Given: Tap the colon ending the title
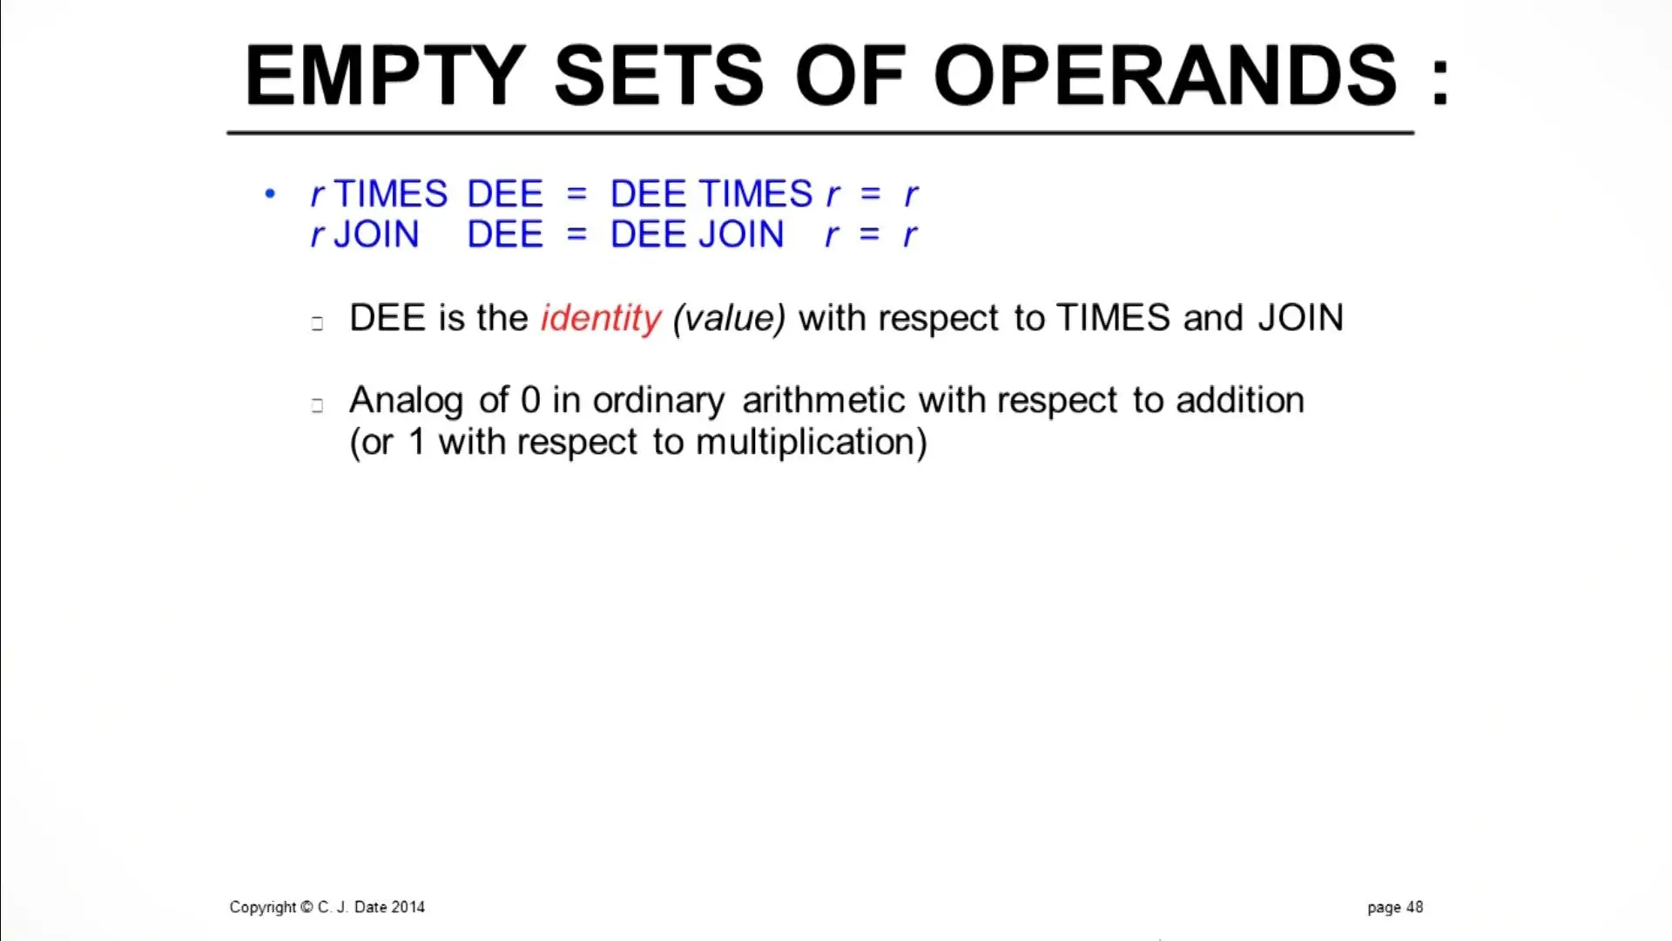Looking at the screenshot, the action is (x=1439, y=82).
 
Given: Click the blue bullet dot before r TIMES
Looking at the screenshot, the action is (x=270, y=193).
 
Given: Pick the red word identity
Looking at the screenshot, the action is (x=601, y=319).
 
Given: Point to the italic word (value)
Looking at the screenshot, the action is (x=730, y=318).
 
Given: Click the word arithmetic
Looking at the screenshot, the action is (x=824, y=401).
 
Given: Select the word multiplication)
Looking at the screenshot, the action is (x=812, y=443).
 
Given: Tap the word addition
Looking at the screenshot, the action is (x=1240, y=401).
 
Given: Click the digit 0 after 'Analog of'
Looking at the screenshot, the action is (x=530, y=401).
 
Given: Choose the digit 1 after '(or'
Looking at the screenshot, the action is (x=417, y=442).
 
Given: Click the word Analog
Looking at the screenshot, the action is (x=406, y=402).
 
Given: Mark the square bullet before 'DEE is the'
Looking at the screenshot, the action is (x=317, y=323).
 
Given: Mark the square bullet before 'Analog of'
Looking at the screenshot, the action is (x=317, y=405).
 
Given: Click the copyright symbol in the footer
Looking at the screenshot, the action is (x=307, y=907).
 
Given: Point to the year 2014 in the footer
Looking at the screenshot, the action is (x=408, y=907).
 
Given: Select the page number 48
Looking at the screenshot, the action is (x=1414, y=907).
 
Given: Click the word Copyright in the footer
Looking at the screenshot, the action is (x=263, y=908).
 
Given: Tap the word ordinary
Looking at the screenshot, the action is (x=658, y=402).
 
